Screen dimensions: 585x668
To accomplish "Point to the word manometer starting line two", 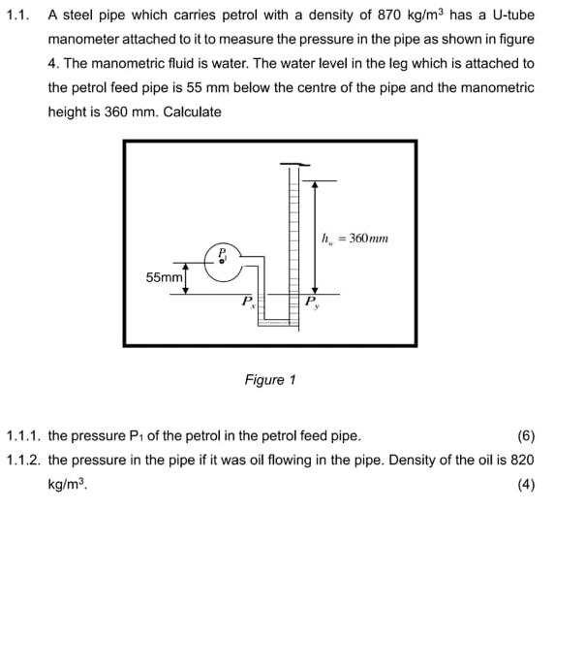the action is [84, 40].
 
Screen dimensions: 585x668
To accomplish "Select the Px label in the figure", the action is [249, 302].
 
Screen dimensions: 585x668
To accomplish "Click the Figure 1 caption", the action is [270, 380].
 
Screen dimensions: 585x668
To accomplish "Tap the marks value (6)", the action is [526, 436].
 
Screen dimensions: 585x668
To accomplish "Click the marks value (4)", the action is [526, 485].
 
